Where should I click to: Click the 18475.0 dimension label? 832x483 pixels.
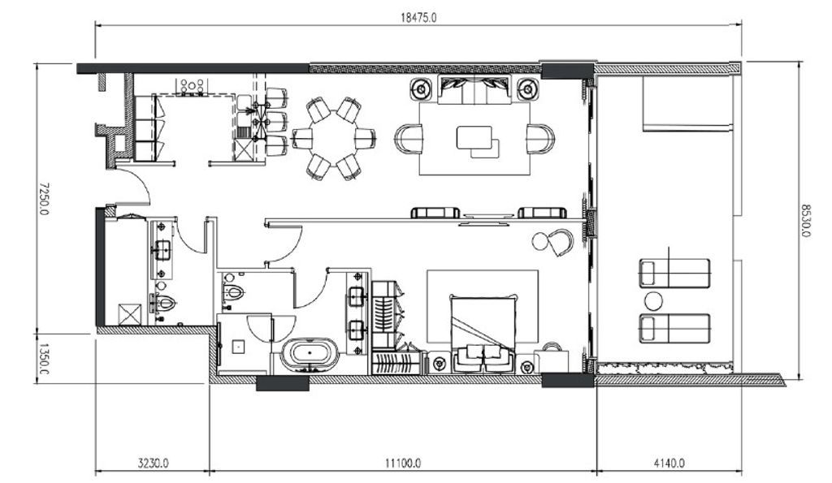tap(418, 18)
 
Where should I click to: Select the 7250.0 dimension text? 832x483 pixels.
tap(44, 199)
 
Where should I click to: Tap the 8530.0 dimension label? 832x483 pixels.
tap(806, 221)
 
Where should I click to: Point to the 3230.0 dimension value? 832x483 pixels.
tap(154, 463)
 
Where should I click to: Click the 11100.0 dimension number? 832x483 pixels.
tap(403, 463)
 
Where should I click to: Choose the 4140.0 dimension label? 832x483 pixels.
tap(669, 463)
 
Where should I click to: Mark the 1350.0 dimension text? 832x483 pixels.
tap(44, 359)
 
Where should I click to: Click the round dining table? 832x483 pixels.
tap(334, 138)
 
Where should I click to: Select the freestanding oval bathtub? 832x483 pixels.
tap(310, 354)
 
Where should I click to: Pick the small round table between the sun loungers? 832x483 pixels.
tap(653, 302)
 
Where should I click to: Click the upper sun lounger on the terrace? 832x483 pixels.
tap(674, 274)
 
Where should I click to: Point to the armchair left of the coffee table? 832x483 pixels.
tap(409, 139)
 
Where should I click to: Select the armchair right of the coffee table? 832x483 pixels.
tap(540, 139)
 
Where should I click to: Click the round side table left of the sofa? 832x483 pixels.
tap(422, 88)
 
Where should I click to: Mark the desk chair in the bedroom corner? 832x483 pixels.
tap(560, 242)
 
